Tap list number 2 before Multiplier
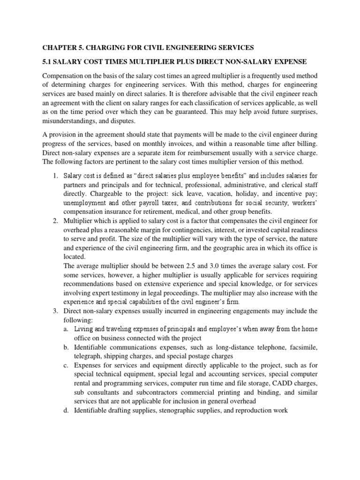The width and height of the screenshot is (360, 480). click(x=55, y=222)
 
